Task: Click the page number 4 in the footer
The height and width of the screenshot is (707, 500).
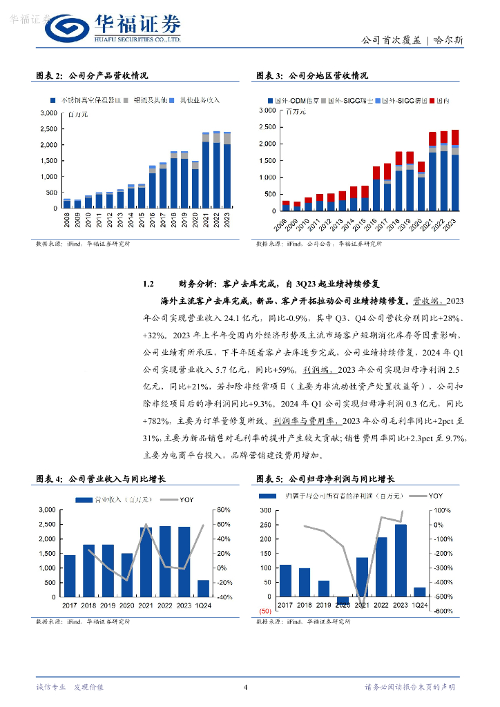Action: click(246, 686)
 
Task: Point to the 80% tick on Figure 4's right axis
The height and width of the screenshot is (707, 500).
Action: click(224, 510)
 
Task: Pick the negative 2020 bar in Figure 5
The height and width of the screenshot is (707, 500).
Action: click(343, 601)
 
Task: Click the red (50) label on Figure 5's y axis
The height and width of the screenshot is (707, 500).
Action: click(265, 612)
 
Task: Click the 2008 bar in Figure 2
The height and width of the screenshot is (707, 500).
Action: click(66, 204)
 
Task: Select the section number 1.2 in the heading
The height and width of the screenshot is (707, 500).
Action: click(147, 284)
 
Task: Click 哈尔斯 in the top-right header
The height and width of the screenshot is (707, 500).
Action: click(449, 40)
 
